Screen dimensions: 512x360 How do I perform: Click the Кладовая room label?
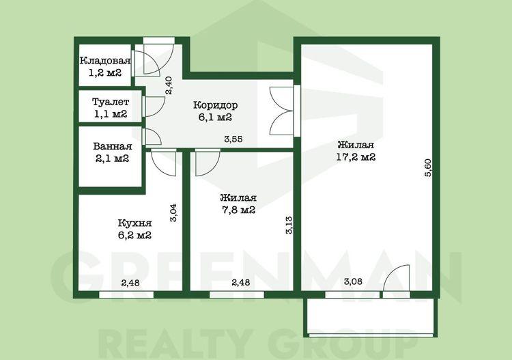(x=105, y=61)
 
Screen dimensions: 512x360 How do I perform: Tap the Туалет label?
(x=111, y=102)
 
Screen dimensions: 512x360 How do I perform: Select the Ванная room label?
(x=113, y=146)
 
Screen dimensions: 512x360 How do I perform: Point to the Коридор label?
(x=216, y=105)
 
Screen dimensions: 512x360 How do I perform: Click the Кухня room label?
(x=134, y=223)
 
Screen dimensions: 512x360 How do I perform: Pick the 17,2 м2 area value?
(x=356, y=157)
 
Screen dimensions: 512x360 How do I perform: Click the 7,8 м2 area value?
(x=238, y=210)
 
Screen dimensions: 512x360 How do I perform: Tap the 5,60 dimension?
(x=428, y=167)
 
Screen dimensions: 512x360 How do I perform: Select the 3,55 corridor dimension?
(x=233, y=139)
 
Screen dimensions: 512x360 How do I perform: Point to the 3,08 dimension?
(x=353, y=281)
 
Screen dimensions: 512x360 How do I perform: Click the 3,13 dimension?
(x=289, y=225)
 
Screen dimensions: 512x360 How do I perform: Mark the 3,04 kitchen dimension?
(x=173, y=212)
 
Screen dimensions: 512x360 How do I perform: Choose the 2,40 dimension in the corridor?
(x=169, y=85)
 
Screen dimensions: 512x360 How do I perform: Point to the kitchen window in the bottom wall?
(x=126, y=294)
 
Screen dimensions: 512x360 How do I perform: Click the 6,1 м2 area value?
(x=215, y=117)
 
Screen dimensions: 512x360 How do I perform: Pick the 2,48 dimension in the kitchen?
(x=130, y=283)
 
